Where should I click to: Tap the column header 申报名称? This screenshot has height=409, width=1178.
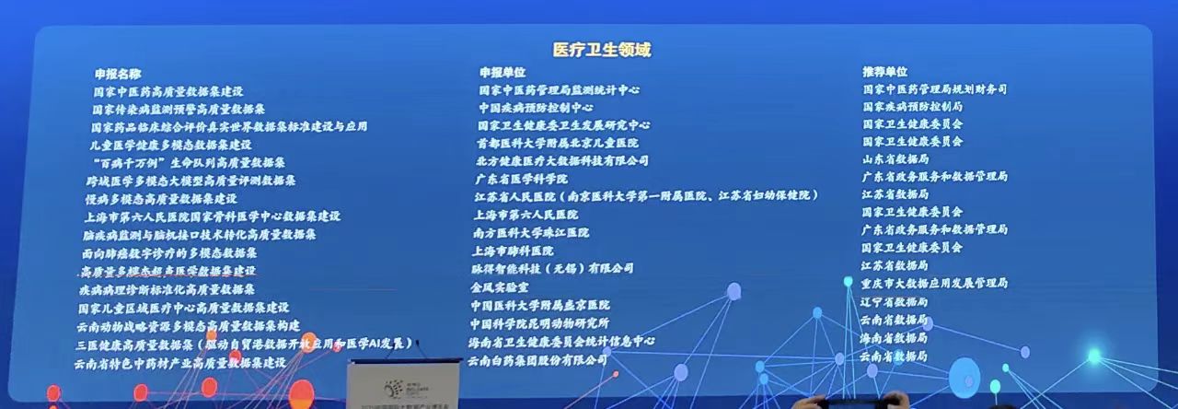click(x=117, y=74)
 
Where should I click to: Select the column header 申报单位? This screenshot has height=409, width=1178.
click(x=502, y=72)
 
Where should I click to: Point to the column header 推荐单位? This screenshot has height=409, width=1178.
click(x=884, y=71)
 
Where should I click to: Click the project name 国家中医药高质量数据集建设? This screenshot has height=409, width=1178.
click(x=167, y=92)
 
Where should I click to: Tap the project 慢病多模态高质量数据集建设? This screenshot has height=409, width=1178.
click(x=160, y=198)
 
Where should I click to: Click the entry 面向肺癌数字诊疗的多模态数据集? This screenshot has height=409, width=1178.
click(x=168, y=252)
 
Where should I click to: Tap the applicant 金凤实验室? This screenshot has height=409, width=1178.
click(x=499, y=286)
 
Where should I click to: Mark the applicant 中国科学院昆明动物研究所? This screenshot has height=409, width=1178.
click(x=539, y=323)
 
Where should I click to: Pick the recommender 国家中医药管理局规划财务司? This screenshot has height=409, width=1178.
click(x=934, y=89)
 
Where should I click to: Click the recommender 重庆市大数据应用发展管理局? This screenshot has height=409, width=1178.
click(x=934, y=283)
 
